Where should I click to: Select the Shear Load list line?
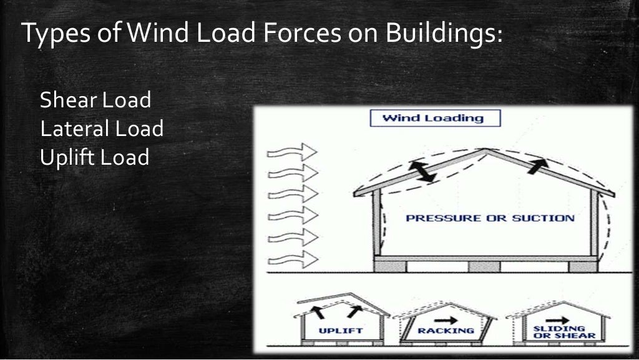95,100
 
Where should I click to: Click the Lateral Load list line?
101,129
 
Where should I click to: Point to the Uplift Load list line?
94,157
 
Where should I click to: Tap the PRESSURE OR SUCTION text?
489,218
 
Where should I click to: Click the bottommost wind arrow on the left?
292,256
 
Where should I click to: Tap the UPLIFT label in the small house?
341,331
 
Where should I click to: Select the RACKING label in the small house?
445,331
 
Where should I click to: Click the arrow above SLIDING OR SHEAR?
550,316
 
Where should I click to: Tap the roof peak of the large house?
486,150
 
